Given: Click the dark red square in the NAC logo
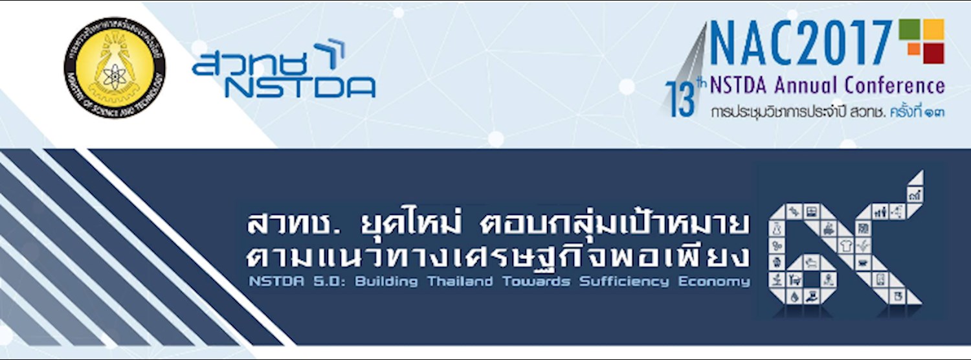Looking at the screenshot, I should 933,52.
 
